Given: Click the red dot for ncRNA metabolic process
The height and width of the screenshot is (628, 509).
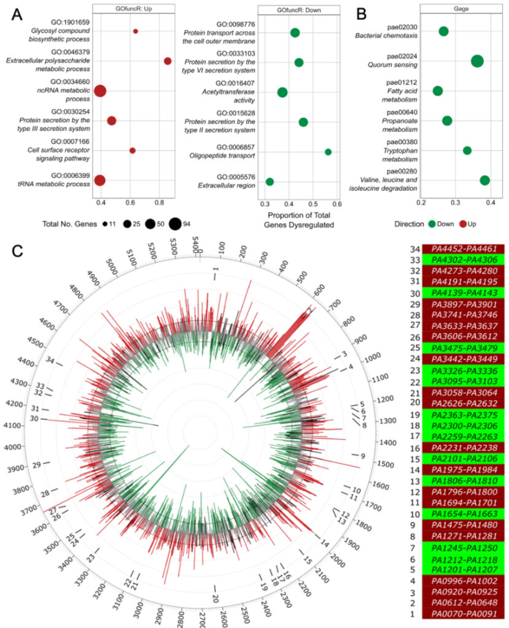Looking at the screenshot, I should [100, 91].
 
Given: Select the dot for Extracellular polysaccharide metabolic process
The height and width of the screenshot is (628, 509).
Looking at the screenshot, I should [168, 61].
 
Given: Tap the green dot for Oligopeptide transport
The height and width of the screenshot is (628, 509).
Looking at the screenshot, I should [328, 151].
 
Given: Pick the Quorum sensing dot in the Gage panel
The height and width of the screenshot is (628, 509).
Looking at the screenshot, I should [477, 61].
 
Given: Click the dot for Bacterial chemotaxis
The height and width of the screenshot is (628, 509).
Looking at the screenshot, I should [443, 31].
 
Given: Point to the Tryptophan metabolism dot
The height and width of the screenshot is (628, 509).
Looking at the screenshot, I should [467, 150].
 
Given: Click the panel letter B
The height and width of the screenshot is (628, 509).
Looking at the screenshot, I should [362, 13].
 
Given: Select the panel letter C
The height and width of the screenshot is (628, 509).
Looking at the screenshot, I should [18, 250].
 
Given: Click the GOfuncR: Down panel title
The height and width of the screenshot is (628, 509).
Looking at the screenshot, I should [298, 10].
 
